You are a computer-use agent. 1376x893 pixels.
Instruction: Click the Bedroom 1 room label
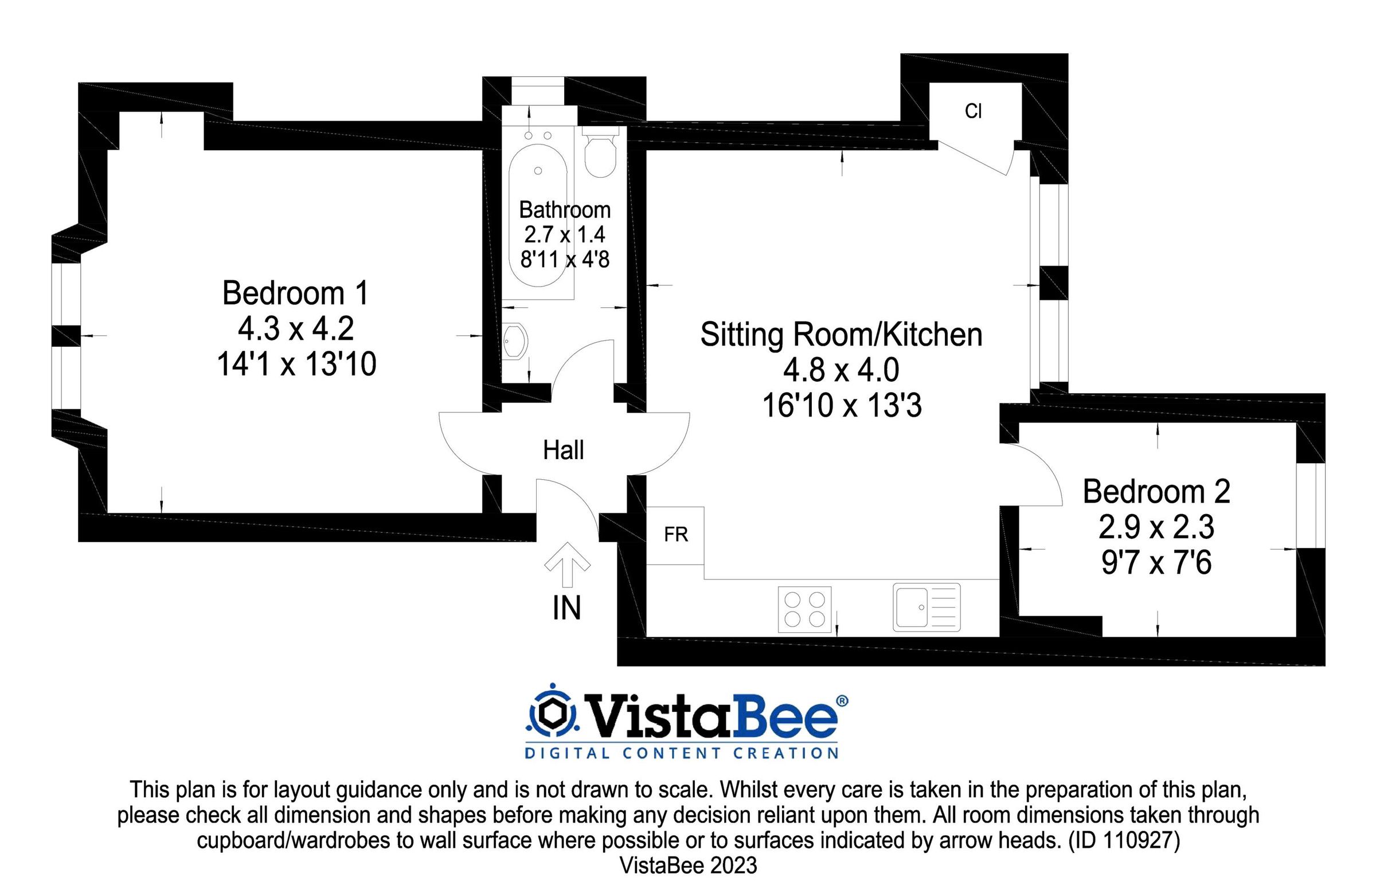pyautogui.click(x=295, y=293)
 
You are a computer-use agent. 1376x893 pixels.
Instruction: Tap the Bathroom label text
pyautogui.click(x=565, y=209)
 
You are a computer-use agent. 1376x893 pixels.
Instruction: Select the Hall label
pyautogui.click(x=563, y=451)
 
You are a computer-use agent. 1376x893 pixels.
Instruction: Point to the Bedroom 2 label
pyautogui.click(x=1156, y=492)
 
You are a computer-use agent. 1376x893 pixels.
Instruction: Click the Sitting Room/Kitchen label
pyautogui.click(x=841, y=335)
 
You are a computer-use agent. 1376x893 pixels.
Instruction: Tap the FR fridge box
pyautogui.click(x=675, y=536)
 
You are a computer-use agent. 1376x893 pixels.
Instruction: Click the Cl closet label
pyautogui.click(x=974, y=111)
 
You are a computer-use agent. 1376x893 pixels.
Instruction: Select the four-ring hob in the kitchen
pyautogui.click(x=805, y=610)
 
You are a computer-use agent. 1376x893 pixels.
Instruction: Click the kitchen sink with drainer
pyautogui.click(x=927, y=608)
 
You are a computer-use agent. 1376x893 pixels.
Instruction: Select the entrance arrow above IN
pyautogui.click(x=567, y=564)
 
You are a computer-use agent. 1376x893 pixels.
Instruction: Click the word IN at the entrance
pyautogui.click(x=566, y=609)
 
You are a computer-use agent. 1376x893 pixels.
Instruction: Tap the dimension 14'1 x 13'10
pyautogui.click(x=296, y=365)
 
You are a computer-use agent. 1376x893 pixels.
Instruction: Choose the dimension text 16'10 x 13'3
pyautogui.click(x=842, y=405)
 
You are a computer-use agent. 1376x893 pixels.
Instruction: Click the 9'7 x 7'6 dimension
pyautogui.click(x=1156, y=562)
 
